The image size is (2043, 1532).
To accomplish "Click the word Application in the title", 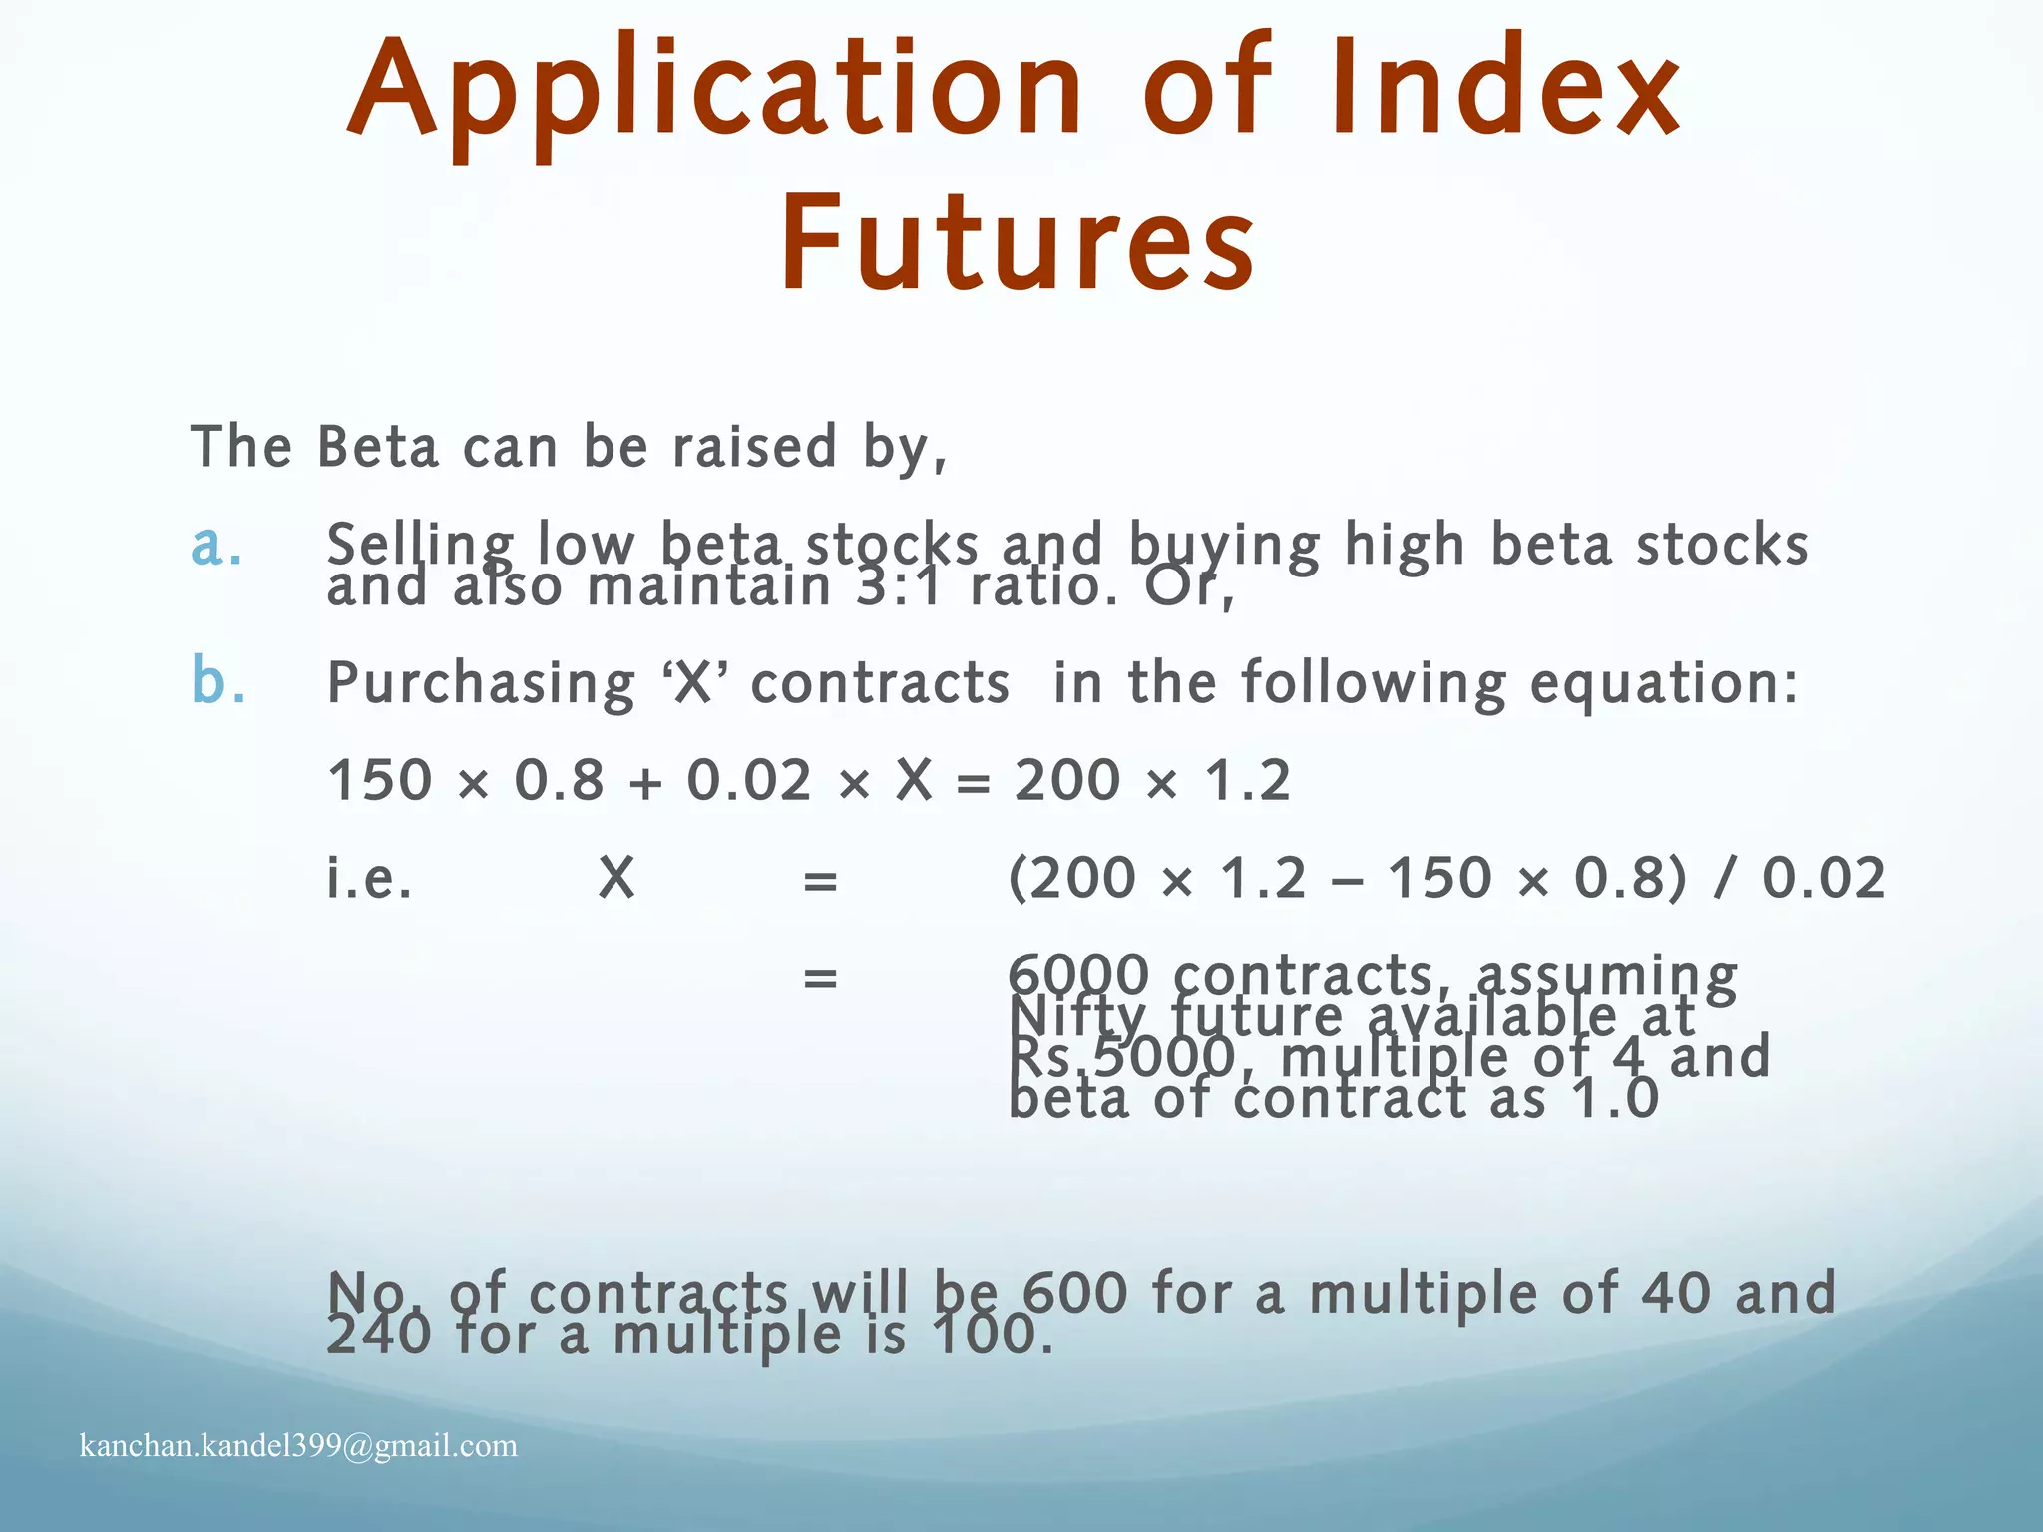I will [714, 90].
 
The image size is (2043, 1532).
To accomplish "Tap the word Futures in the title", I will [1018, 245].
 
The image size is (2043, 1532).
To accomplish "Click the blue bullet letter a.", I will [216, 545].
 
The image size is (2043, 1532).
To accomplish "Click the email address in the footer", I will [298, 1445].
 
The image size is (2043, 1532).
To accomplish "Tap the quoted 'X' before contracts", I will [694, 684].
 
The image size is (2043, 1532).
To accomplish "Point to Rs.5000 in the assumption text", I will [1122, 1057].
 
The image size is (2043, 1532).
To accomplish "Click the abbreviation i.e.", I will [369, 879].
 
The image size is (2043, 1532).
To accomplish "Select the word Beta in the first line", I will [378, 446].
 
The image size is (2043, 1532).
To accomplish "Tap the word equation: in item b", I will [1664, 685].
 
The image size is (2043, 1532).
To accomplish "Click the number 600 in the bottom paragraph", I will [1075, 1292].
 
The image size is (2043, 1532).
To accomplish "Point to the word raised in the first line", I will [754, 446].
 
